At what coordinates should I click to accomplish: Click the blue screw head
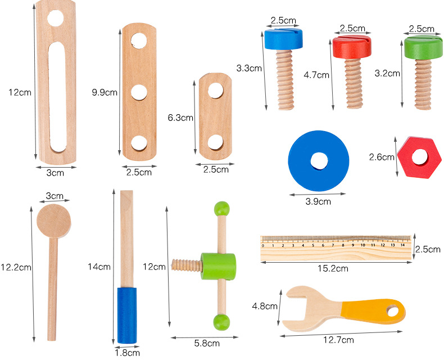(x=283, y=39)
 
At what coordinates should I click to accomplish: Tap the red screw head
(x=352, y=47)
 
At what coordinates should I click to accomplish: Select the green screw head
(x=423, y=48)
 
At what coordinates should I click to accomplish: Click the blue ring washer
(x=319, y=161)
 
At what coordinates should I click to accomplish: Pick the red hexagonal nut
(x=419, y=157)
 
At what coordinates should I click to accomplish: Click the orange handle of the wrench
(x=373, y=311)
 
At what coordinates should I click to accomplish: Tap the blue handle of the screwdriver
(x=127, y=316)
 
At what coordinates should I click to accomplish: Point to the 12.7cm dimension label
(x=339, y=340)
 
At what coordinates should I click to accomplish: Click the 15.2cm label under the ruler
(x=333, y=268)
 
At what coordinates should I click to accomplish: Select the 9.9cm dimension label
(x=105, y=92)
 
